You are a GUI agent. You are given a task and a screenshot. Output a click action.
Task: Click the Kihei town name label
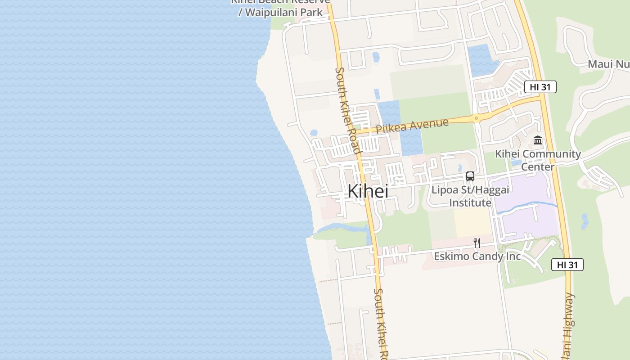click(368, 191)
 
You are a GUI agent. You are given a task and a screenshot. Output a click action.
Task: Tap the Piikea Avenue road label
click(412, 125)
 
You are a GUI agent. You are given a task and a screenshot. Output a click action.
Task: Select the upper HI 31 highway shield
click(540, 87)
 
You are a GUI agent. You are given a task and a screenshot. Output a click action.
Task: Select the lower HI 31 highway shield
click(567, 265)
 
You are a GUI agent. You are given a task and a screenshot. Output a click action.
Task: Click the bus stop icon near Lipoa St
click(470, 176)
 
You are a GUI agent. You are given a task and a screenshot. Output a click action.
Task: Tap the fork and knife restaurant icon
click(477, 243)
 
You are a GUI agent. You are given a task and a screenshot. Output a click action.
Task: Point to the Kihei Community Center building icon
click(538, 140)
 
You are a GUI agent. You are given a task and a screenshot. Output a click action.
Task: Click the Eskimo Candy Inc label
click(477, 256)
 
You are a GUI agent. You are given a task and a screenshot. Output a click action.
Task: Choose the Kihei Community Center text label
click(538, 160)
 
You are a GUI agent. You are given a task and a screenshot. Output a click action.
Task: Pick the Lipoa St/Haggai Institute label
click(470, 196)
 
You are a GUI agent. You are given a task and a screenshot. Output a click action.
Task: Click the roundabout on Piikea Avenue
click(476, 119)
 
